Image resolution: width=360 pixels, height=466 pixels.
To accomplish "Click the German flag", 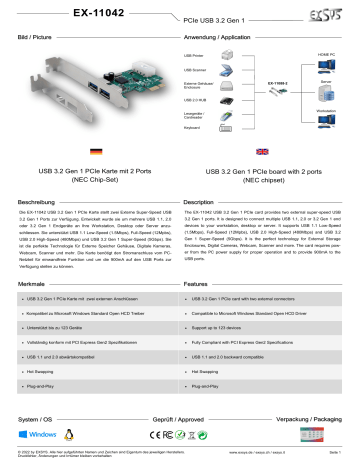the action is pyautogui.click(x=94, y=152).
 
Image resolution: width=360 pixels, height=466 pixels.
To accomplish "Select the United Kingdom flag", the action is pyautogui.click(x=262, y=152).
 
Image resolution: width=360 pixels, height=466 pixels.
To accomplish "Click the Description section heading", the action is pyautogui.click(x=209, y=203).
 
